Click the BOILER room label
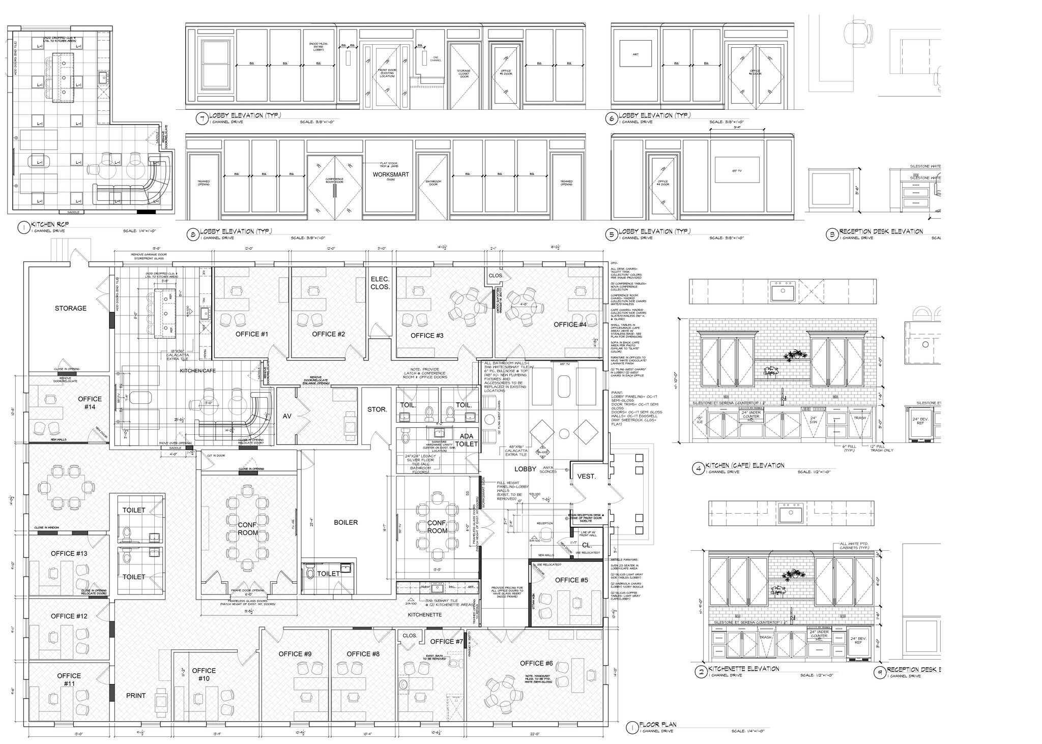[345, 522]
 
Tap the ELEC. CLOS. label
[380, 283]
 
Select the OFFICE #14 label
[90, 403]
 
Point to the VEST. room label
[586, 477]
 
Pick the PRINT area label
[136, 696]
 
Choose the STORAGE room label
[71, 308]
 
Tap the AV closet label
[287, 416]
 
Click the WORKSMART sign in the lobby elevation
[390, 174]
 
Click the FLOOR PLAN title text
[658, 725]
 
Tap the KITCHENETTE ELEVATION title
[742, 669]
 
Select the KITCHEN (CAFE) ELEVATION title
[745, 465]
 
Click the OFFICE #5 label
[571, 580]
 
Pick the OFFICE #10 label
[204, 674]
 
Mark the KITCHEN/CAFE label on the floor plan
[197, 371]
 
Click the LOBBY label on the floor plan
[525, 469]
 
